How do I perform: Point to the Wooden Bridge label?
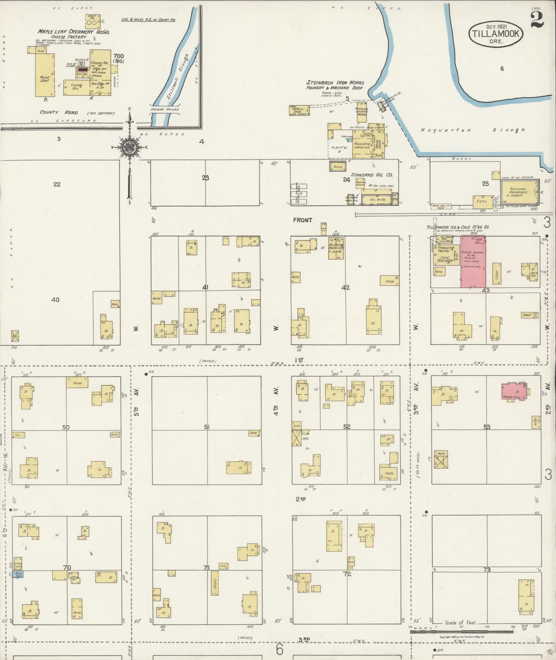point(164,109)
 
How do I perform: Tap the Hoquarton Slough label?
point(472,130)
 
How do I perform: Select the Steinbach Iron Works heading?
point(335,82)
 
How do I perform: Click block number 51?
point(206,427)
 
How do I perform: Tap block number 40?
point(55,299)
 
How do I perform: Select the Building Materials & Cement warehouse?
point(519,192)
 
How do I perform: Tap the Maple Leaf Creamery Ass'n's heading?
point(74,32)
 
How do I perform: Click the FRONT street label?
point(303,220)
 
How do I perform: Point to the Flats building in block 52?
point(389,473)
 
